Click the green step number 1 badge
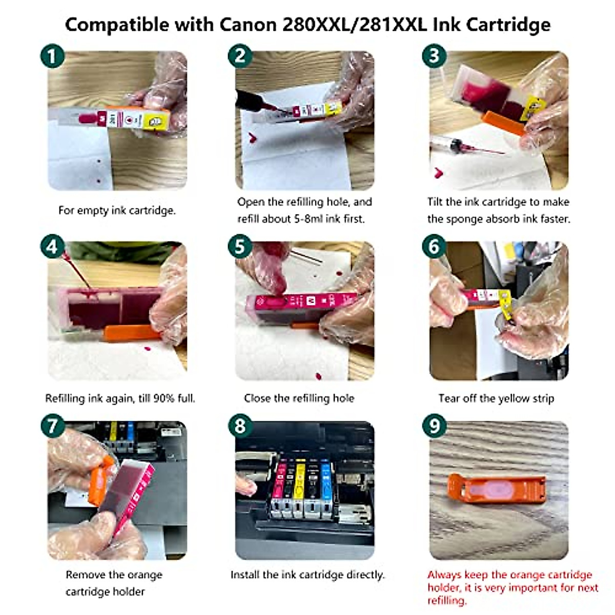[52, 56]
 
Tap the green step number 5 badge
[240, 247]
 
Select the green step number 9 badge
[435, 426]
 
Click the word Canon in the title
[248, 24]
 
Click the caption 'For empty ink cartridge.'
[117, 210]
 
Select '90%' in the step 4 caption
[164, 398]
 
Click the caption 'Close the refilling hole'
[299, 398]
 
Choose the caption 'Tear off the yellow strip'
[496, 398]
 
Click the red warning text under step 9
[512, 587]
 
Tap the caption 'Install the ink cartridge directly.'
[307, 575]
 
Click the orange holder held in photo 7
[101, 479]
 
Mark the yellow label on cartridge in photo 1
[154, 121]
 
